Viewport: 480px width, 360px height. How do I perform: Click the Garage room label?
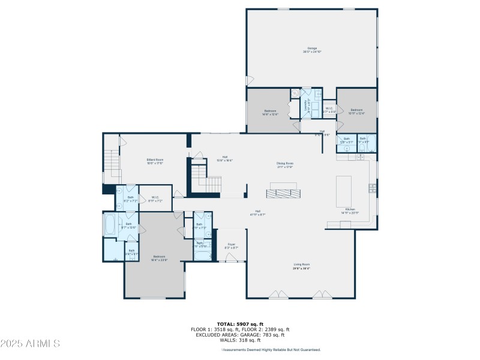(312, 50)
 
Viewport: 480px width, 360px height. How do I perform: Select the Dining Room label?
(284, 164)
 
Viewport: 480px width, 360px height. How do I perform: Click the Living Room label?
(301, 266)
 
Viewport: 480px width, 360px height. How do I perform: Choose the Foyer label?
(231, 246)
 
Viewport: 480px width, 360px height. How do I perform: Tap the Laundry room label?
(308, 106)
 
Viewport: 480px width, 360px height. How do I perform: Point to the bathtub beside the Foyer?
(202, 256)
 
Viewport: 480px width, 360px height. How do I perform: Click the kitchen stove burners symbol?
(373, 188)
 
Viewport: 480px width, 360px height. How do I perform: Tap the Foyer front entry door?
(231, 258)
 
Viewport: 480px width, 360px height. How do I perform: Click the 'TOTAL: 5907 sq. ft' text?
(240, 324)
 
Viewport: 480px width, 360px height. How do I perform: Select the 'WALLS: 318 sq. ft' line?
(240, 340)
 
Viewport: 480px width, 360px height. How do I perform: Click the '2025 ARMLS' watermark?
(30, 344)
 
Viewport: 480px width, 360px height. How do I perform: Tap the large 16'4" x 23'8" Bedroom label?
(155, 259)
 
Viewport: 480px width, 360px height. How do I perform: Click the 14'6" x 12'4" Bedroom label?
(270, 112)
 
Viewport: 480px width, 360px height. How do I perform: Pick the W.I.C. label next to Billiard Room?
(155, 199)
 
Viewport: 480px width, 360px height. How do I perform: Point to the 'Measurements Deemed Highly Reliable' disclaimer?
(271, 350)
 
